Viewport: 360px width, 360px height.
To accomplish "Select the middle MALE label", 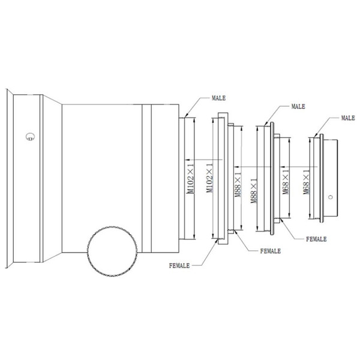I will [x=298, y=106].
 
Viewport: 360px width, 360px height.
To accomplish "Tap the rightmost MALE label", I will [x=347, y=118].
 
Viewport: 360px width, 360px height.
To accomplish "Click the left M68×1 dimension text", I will [x=286, y=180].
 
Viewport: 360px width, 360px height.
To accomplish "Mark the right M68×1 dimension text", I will [x=307, y=180].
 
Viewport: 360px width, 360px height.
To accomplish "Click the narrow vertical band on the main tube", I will [x=146, y=180].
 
